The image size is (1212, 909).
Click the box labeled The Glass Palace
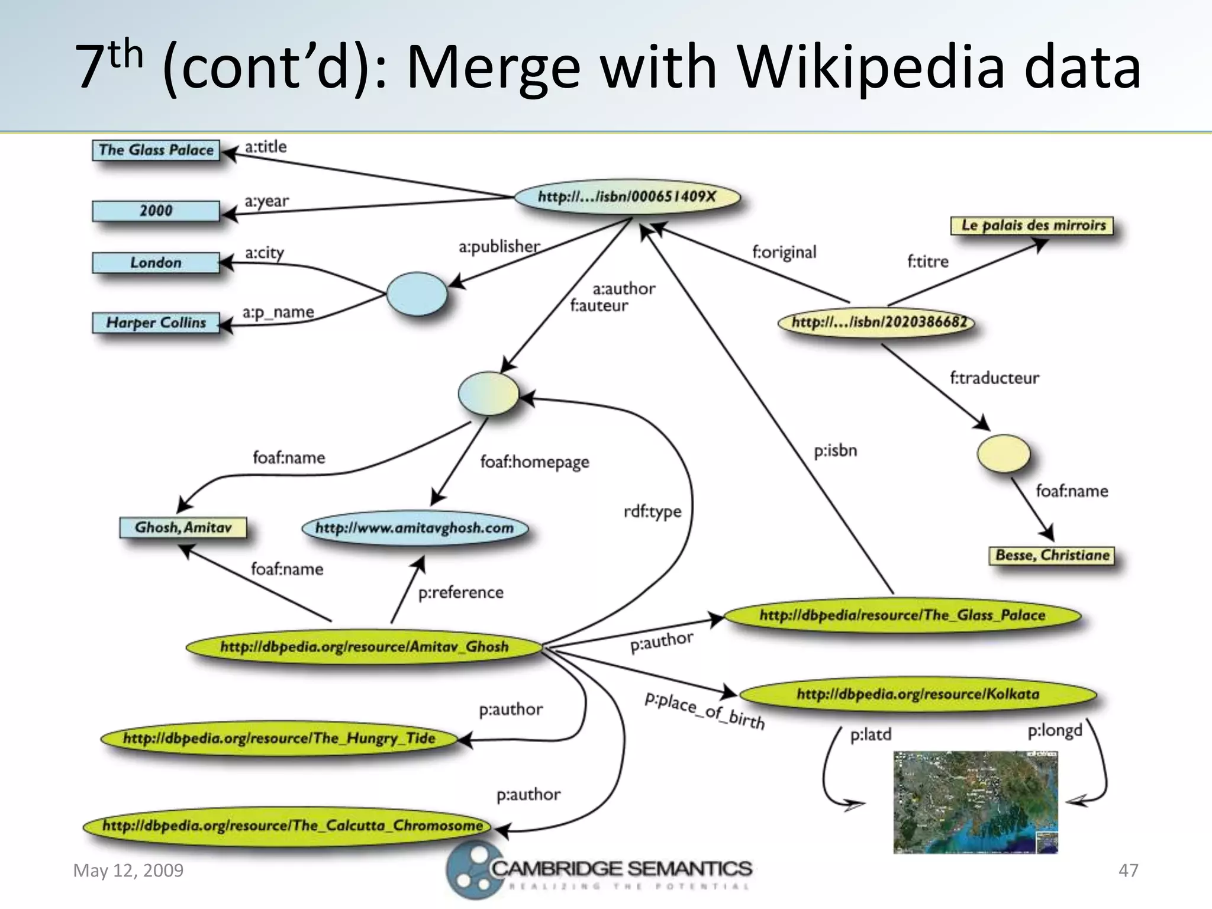(x=156, y=150)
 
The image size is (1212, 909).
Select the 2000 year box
(x=156, y=211)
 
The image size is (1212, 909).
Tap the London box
(x=156, y=263)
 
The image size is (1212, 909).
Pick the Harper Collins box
(x=156, y=323)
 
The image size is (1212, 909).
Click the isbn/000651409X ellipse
(x=627, y=197)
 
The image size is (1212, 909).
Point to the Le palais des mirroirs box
(x=1033, y=225)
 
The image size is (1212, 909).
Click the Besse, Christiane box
(x=1052, y=555)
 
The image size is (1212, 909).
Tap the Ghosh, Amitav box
(x=183, y=527)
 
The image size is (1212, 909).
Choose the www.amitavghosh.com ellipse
(x=414, y=528)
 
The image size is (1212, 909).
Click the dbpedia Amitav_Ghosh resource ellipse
(x=364, y=647)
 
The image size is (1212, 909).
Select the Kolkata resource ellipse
(x=917, y=694)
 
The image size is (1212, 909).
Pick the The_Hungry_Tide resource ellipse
(x=279, y=739)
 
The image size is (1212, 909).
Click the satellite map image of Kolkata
(x=975, y=802)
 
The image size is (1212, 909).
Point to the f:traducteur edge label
(x=994, y=378)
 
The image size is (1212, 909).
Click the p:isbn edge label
(x=835, y=451)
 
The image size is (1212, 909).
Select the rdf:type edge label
(x=652, y=511)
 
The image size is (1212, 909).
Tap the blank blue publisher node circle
(x=417, y=294)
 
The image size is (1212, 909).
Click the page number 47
(x=1128, y=871)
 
